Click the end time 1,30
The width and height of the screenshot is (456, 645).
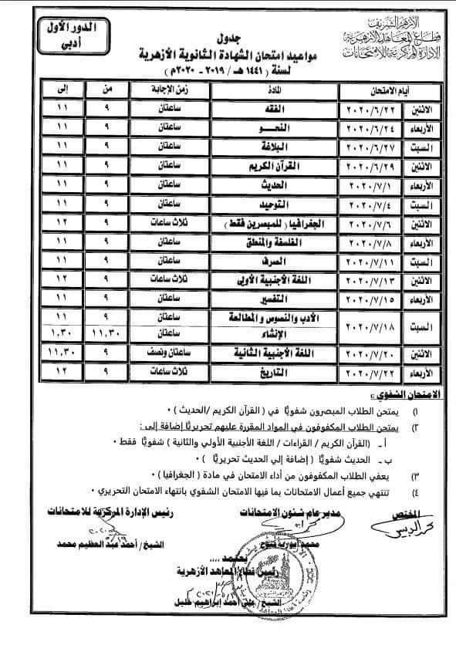click(57, 333)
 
